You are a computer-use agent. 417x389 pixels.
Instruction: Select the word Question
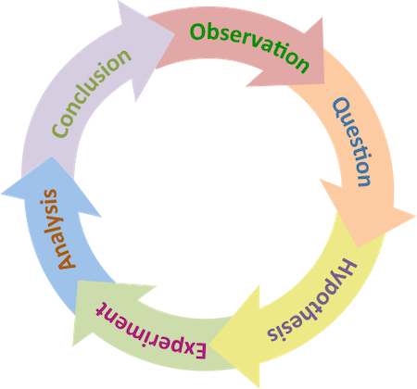coord(352,142)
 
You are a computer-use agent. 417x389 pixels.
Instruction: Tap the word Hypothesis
coord(312,301)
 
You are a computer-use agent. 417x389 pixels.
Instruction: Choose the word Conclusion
coord(91,93)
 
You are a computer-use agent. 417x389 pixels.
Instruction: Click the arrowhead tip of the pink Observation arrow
coord(323,84)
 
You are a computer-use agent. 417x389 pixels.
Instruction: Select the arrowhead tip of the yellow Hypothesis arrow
coord(210,344)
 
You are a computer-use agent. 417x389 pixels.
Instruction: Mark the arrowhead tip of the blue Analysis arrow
coord(51,157)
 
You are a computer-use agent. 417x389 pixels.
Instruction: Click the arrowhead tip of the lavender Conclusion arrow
coord(175,33)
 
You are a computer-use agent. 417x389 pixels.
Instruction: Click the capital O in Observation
coord(198,31)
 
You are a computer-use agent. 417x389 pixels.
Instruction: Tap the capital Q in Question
coord(341,108)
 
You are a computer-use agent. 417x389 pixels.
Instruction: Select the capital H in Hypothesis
coord(346,271)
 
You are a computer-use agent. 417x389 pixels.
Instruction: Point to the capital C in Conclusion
coord(60,128)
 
